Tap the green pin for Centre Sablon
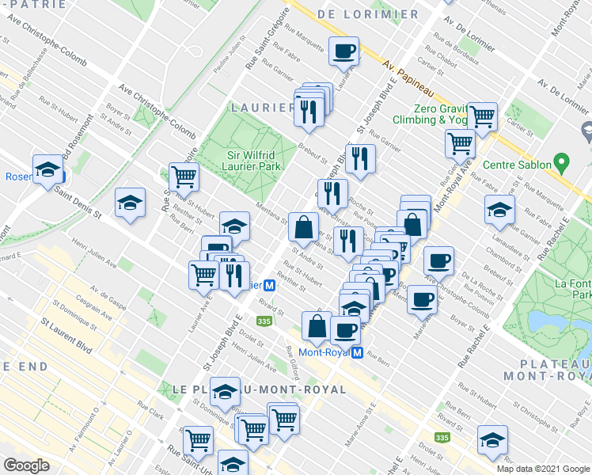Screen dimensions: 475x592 [x=563, y=165]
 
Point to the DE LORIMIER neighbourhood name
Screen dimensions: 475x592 [x=368, y=14]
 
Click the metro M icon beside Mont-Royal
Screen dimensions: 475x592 [x=357, y=352]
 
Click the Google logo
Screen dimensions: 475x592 [x=26, y=465]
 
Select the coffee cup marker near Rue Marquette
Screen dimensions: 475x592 [x=343, y=52]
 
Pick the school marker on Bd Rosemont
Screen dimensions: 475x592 [x=48, y=169]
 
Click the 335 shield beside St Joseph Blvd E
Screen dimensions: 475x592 [x=264, y=321]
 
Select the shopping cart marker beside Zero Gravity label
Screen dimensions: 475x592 [x=481, y=116]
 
